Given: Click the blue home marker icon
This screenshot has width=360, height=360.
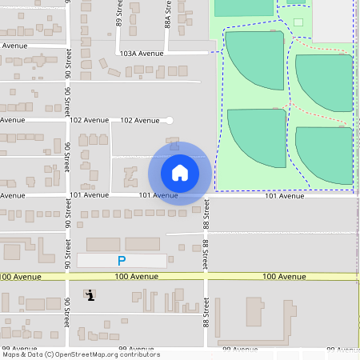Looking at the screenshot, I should point(180,172).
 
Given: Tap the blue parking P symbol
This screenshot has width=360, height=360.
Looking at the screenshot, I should point(122,261).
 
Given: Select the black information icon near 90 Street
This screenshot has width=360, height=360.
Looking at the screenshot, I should point(90,294).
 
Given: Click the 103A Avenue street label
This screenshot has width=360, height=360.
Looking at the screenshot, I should point(142,54).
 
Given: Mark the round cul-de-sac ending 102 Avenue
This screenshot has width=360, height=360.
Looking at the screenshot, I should point(168,120).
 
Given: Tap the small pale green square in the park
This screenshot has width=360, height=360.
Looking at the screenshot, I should point(298,22).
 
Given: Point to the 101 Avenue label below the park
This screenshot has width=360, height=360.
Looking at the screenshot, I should point(285,195).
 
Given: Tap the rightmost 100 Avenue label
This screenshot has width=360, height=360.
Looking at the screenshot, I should point(284,276).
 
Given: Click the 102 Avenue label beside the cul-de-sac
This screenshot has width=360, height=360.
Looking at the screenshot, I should point(139,120).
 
